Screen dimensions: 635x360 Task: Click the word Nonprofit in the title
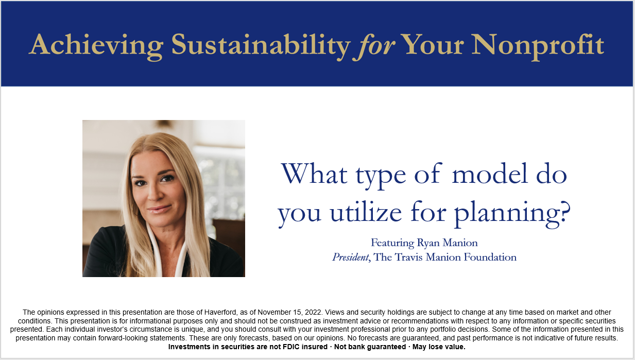click(x=538, y=46)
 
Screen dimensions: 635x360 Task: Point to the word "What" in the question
click(x=314, y=173)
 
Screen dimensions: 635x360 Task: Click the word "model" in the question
click(x=490, y=173)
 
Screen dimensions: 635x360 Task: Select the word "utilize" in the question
click(x=366, y=211)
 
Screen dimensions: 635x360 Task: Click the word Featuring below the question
click(x=392, y=243)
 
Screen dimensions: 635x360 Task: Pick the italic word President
click(x=351, y=257)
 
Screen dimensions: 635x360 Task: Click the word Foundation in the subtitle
click(x=490, y=257)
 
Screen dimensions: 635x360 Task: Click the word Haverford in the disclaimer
click(x=220, y=312)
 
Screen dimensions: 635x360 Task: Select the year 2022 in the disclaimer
click(x=314, y=312)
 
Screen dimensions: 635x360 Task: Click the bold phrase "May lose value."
click(x=439, y=347)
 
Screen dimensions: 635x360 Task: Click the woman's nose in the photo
click(x=152, y=195)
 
